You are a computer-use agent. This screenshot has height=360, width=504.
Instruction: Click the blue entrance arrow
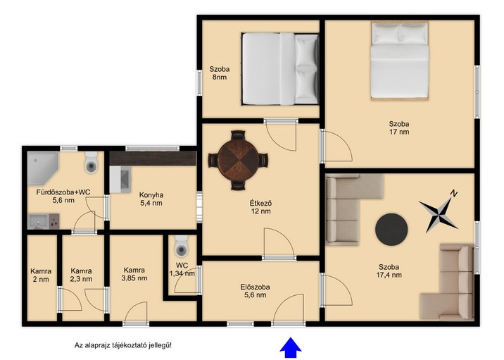pos(291,347)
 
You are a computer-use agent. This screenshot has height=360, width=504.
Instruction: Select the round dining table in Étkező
pos(238,160)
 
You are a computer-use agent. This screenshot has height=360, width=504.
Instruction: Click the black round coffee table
pos(391,230)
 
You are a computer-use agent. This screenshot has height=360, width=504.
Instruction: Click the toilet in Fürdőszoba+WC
pos(92,163)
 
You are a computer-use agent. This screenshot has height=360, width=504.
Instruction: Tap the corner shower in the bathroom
pos(43,168)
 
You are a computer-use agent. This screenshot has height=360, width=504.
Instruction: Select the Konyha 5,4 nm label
pos(151,199)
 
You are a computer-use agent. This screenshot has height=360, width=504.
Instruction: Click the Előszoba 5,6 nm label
pos(256,291)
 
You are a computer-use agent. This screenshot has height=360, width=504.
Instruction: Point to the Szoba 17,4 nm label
pos(389,271)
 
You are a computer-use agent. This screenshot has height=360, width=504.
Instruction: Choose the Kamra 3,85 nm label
pos(134,274)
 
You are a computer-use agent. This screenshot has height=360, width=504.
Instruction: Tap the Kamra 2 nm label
pos(41,275)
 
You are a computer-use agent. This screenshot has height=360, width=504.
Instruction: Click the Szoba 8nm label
pos(220,73)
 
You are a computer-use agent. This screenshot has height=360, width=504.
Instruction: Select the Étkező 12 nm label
pos(260,207)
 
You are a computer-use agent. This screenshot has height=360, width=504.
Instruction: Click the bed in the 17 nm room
pos(400,61)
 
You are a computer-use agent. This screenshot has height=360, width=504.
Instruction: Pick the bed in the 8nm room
pos(280,69)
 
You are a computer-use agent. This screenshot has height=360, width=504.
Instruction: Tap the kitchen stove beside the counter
pos(120,180)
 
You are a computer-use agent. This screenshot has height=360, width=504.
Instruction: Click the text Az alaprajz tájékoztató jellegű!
pos(123,345)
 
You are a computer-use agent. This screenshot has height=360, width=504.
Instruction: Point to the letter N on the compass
pos(453,193)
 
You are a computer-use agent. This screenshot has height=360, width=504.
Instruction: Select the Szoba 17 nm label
pos(399,128)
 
